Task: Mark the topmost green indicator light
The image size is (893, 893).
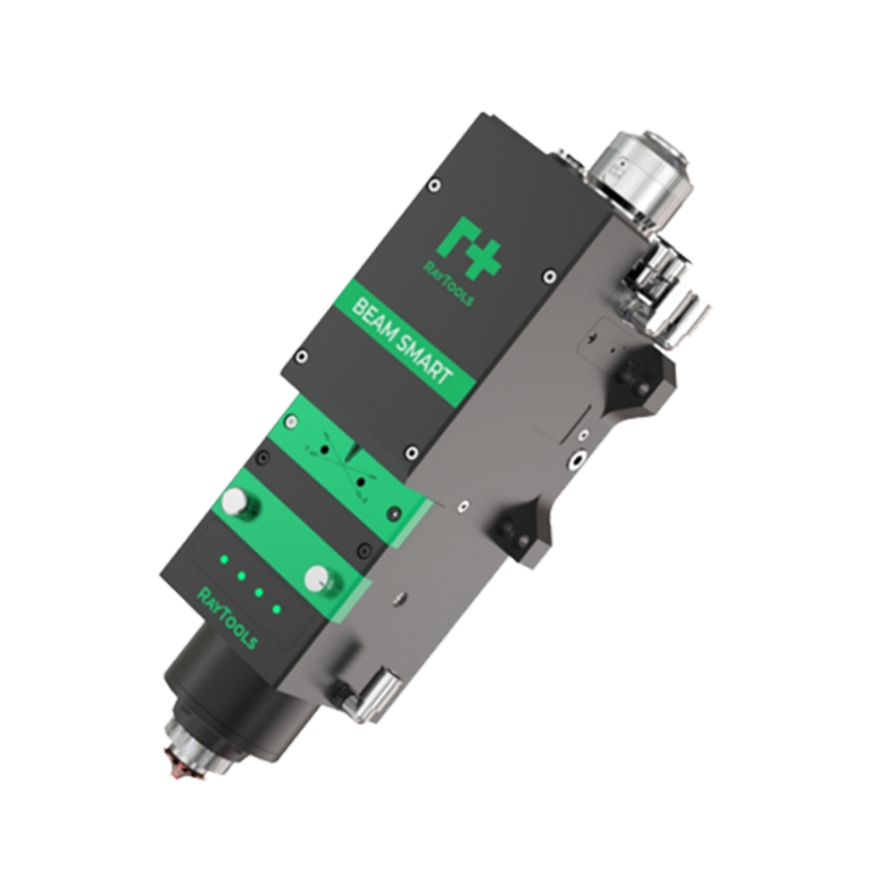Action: click(x=224, y=559)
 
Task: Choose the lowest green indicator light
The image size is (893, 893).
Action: click(x=277, y=610)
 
